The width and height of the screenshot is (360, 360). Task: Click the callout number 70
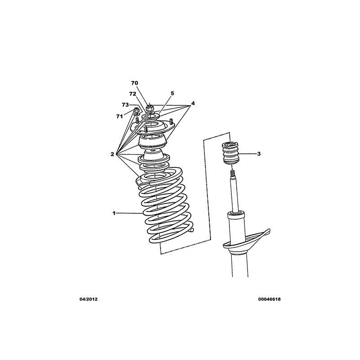135,83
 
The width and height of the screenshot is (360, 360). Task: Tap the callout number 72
132,94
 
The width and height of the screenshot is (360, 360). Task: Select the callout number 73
125,105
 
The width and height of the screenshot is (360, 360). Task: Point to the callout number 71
119,117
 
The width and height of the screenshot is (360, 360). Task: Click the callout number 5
172,94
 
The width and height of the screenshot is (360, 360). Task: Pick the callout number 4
193,103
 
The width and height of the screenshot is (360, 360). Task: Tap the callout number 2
112,154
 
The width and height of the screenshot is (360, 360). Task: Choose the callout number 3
259,154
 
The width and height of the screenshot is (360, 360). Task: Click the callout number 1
114,213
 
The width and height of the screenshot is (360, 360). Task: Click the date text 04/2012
88,299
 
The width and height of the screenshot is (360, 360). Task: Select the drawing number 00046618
269,299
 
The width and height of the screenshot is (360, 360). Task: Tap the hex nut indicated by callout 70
149,107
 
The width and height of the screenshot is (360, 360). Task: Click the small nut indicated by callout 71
136,109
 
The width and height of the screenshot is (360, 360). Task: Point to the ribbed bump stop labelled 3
230,153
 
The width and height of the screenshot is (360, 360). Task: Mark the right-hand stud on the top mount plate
171,121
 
